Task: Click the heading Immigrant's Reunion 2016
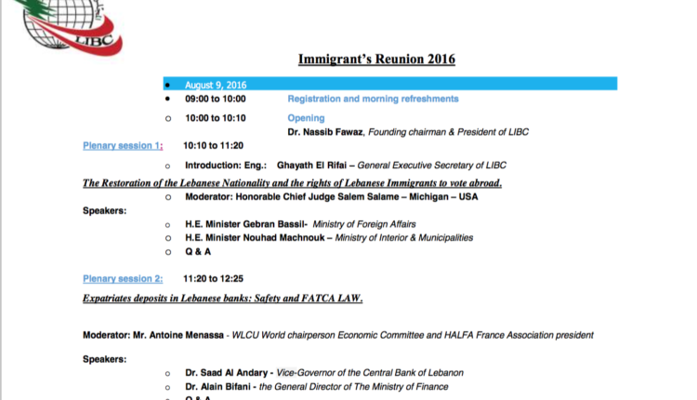click(x=376, y=60)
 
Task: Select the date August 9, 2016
click(x=209, y=84)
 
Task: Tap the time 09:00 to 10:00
click(x=215, y=99)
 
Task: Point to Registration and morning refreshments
click(x=373, y=99)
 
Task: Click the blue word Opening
click(x=306, y=118)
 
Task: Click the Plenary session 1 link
click(x=123, y=146)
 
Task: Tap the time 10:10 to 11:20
click(x=213, y=146)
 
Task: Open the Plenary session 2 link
click(x=123, y=278)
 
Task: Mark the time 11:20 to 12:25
click(x=213, y=278)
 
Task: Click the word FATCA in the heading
click(x=317, y=299)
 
